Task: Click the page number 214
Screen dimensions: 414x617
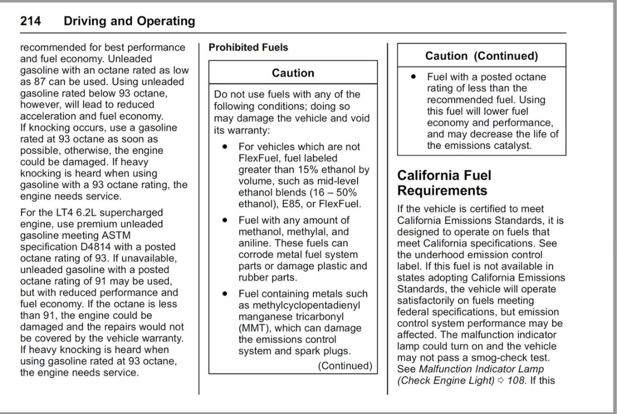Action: pyautogui.click(x=33, y=22)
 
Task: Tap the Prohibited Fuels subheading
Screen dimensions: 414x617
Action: pyautogui.click(x=248, y=48)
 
